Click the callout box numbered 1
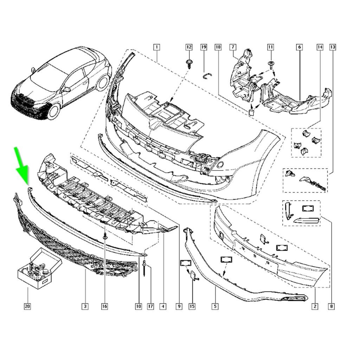[x=156, y=47]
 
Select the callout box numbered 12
[x=189, y=47]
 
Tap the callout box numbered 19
[x=204, y=47]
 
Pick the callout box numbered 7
[x=233, y=47]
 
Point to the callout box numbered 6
[x=300, y=47]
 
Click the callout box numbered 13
[x=333, y=47]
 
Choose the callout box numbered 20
[x=27, y=306]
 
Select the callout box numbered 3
[x=85, y=306]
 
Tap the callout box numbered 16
[x=104, y=306]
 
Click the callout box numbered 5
[x=215, y=306]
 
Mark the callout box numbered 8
[x=331, y=306]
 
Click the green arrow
[x=22, y=165]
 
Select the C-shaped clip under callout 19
[x=207, y=75]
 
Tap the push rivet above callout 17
[x=145, y=268]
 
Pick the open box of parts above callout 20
[x=39, y=268]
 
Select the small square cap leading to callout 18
[x=251, y=112]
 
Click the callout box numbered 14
[x=320, y=47]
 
